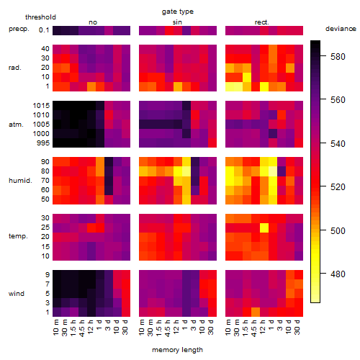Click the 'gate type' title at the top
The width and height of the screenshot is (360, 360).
[178, 12]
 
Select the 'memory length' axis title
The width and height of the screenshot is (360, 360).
[177, 350]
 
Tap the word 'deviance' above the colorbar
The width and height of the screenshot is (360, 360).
[341, 29]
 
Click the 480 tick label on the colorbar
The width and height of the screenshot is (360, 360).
[338, 274]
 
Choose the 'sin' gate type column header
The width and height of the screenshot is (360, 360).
[177, 22]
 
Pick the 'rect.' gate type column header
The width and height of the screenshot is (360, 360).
[262, 22]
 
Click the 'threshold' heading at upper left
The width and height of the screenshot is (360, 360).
[40, 17]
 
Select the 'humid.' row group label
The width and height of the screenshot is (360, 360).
[20, 181]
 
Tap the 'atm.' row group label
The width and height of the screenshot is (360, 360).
[16, 125]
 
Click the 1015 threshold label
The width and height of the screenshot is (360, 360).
[41, 106]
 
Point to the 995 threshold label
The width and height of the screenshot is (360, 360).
[43, 143]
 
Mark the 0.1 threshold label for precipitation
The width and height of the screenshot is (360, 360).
[44, 30]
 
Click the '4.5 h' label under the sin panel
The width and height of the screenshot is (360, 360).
[168, 328]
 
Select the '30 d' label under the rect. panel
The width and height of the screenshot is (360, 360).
[297, 327]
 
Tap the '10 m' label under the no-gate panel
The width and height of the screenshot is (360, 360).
[55, 328]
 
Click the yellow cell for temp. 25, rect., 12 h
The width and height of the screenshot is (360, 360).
[264, 228]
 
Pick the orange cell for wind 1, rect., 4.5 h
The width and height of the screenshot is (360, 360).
[256, 312]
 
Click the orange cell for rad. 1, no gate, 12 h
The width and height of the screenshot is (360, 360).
[91, 86]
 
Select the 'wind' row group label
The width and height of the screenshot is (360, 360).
[17, 294]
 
